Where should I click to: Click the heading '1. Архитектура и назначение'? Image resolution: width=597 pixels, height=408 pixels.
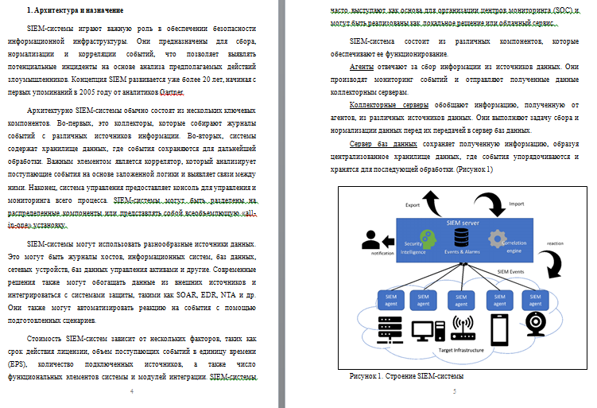pyautogui.click(x=75, y=10)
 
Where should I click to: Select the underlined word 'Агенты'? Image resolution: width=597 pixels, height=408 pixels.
pyautogui.click(x=362, y=68)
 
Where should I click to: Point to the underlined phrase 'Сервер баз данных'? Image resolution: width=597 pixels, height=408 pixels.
pyautogui.click(x=383, y=144)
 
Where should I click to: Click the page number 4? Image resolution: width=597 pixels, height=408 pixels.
pyautogui.click(x=132, y=392)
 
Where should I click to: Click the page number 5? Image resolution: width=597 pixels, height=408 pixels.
pyautogui.click(x=455, y=392)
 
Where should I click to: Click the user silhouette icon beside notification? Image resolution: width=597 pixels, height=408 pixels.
pyautogui.click(x=370, y=239)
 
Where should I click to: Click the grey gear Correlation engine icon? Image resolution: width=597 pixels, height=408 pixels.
pyautogui.click(x=498, y=238)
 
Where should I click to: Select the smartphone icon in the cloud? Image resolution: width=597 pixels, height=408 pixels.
pyautogui.click(x=498, y=329)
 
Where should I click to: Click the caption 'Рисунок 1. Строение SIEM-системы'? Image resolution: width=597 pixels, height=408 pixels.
pyautogui.click(x=406, y=375)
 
